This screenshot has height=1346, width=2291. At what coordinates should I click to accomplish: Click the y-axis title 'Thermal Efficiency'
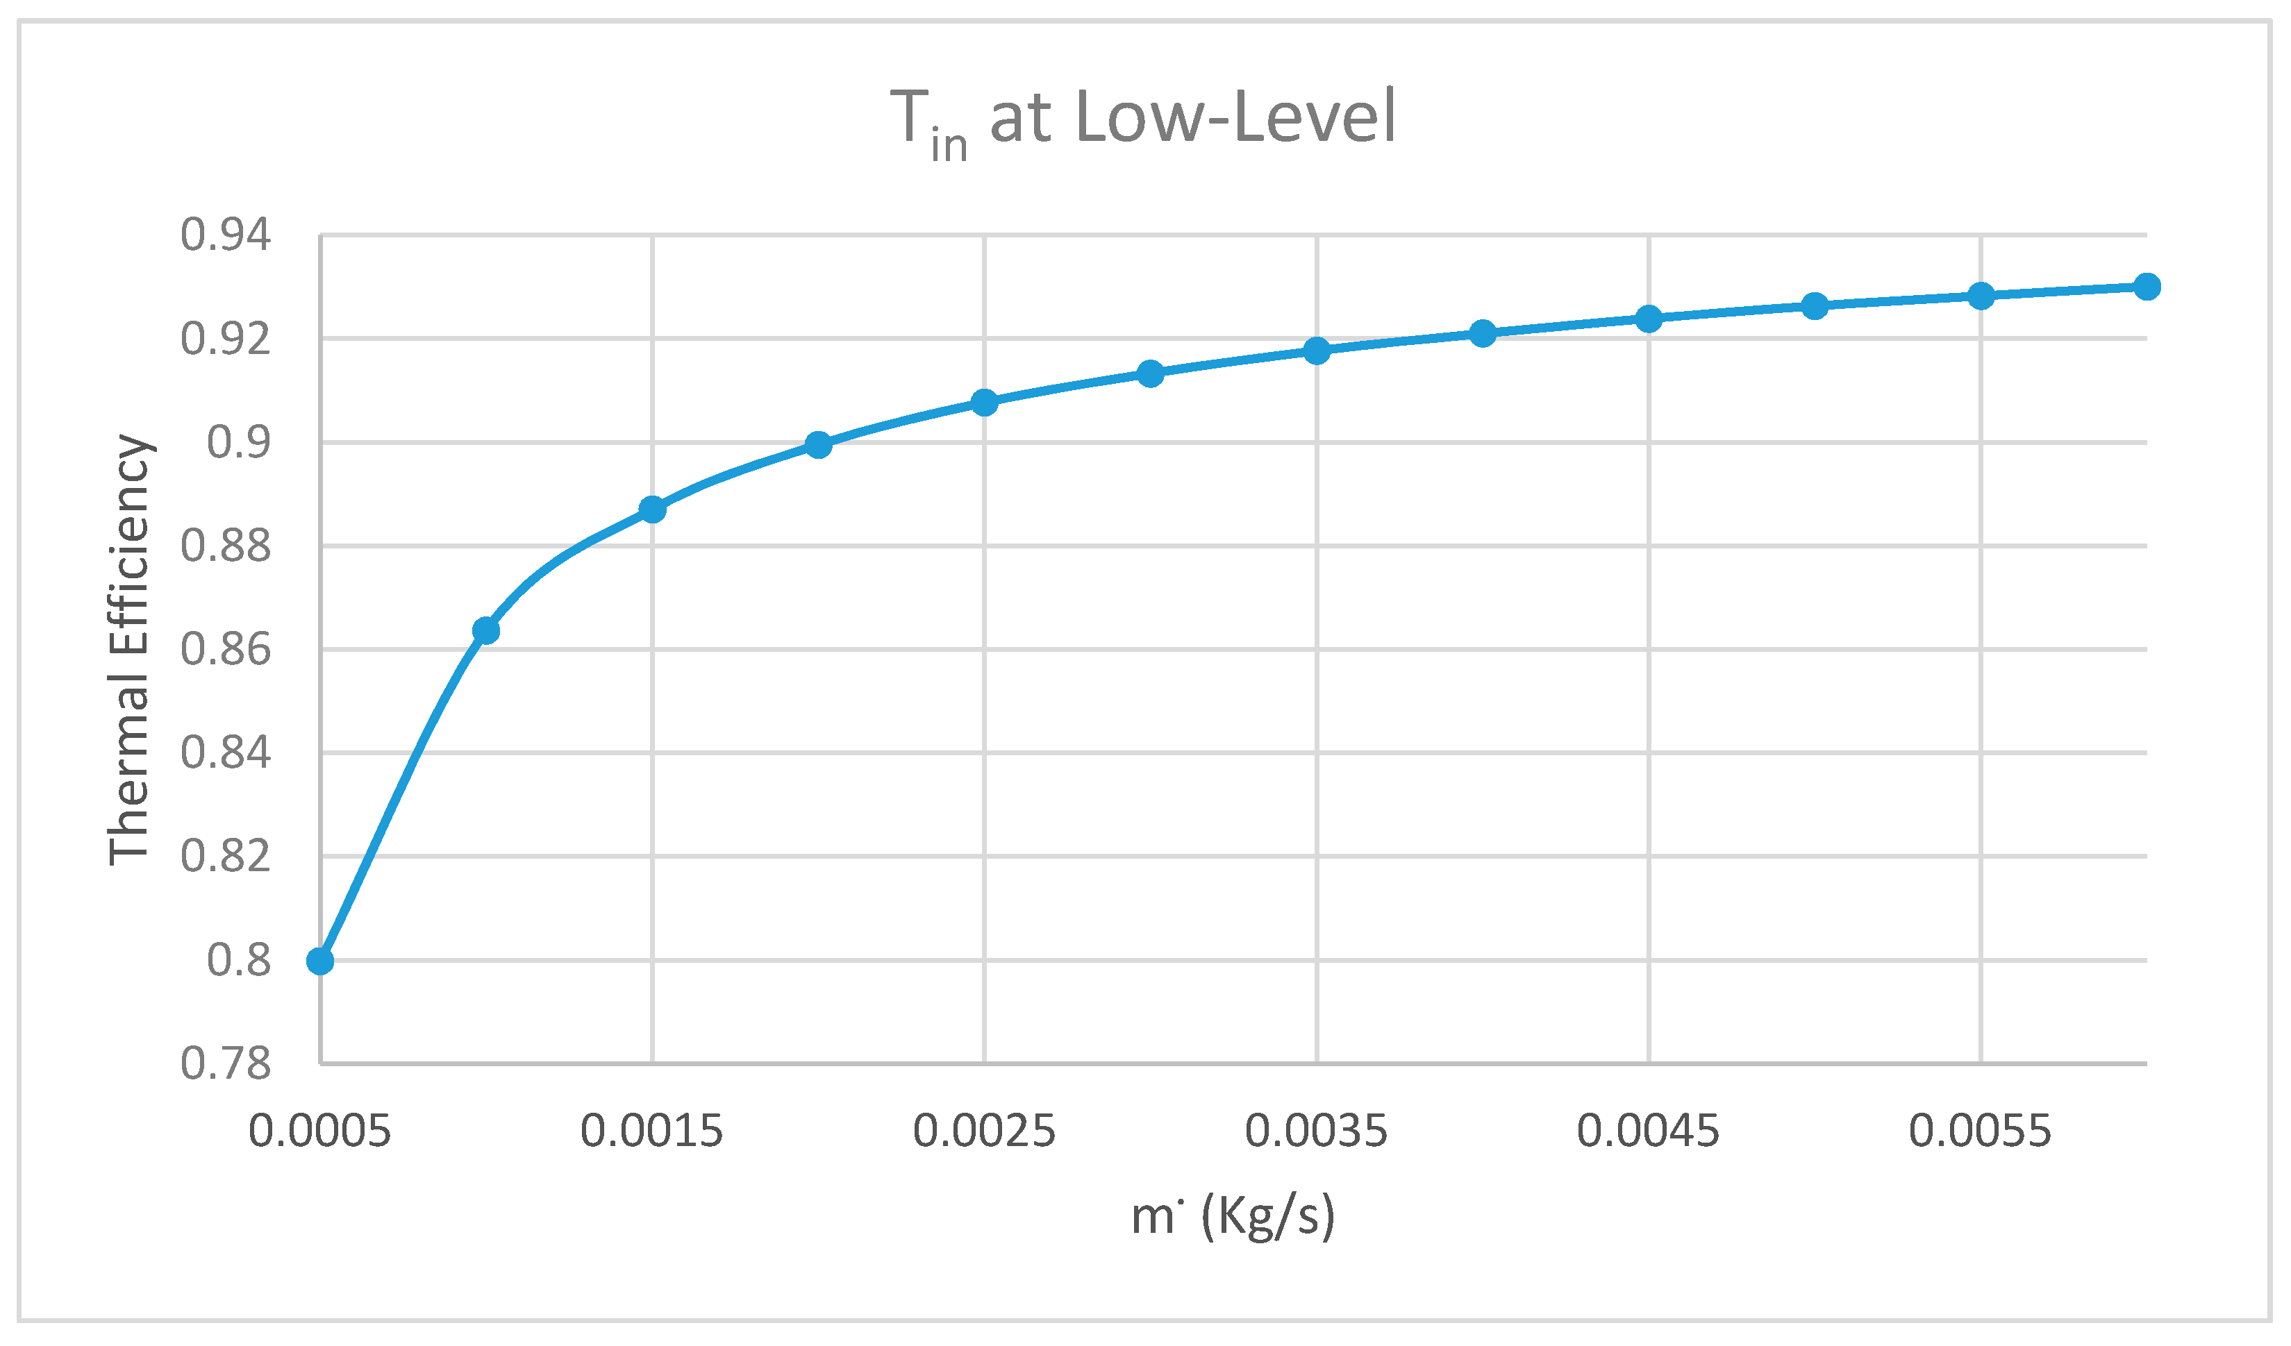click(129, 650)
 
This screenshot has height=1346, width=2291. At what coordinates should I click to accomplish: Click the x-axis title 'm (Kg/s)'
click(1232, 1216)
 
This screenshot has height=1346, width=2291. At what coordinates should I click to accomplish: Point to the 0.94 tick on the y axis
click(226, 235)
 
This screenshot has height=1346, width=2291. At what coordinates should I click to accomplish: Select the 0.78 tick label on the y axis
click(226, 1063)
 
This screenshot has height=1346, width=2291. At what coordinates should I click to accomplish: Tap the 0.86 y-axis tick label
click(226, 650)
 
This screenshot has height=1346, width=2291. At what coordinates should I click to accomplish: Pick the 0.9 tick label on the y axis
click(238, 443)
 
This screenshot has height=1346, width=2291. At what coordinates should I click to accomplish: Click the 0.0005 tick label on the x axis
click(320, 1132)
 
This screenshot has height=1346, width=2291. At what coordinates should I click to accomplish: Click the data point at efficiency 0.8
click(320, 961)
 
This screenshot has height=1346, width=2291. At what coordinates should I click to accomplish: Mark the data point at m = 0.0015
click(652, 510)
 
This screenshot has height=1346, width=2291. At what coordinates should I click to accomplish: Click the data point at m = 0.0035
click(1317, 351)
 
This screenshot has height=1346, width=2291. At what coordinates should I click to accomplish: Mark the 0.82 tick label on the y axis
click(226, 856)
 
